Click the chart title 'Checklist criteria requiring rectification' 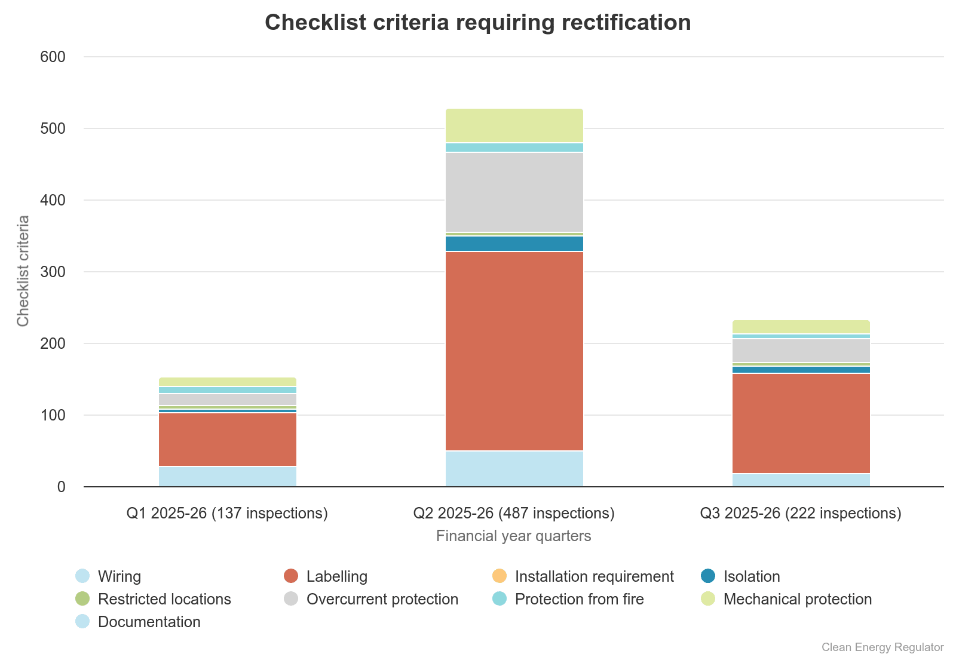(x=477, y=23)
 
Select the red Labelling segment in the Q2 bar (x=514, y=351)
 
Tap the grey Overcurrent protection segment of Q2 (x=514, y=192)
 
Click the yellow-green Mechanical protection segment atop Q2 (x=514, y=125)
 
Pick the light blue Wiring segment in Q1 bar (x=227, y=477)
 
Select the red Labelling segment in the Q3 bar (x=801, y=423)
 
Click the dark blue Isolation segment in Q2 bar (x=514, y=244)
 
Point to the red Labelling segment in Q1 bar (x=227, y=439)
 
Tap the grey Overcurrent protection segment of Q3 (x=801, y=351)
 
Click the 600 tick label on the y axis (x=53, y=57)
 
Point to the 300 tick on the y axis (x=53, y=272)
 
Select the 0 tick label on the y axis (x=61, y=487)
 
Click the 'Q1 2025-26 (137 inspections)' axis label (x=227, y=513)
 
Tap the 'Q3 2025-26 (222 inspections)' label (x=801, y=513)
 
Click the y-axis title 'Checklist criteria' (x=23, y=271)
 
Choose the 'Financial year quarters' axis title (x=513, y=536)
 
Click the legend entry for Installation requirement (x=594, y=576)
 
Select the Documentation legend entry (x=149, y=622)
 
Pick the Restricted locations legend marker (x=82, y=598)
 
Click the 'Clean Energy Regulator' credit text (x=882, y=647)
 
